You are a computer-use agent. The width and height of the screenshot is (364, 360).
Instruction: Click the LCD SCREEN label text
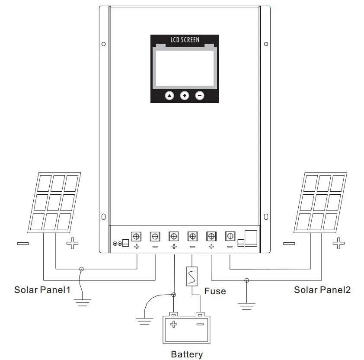185,40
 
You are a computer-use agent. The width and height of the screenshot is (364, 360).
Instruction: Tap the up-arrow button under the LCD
169,96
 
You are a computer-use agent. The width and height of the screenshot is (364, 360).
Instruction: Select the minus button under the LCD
200,96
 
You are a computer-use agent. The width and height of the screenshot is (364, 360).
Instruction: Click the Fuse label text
215,291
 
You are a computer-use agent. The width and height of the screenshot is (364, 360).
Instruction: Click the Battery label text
187,354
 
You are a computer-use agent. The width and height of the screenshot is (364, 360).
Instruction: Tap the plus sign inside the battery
174,324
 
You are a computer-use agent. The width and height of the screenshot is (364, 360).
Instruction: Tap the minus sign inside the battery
200,324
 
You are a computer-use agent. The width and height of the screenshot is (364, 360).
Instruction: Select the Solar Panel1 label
42,289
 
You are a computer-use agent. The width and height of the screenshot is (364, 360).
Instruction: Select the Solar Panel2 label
322,289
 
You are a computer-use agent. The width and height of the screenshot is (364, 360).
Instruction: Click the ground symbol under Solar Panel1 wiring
81,302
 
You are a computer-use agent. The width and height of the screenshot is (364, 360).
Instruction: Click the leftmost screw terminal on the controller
137,236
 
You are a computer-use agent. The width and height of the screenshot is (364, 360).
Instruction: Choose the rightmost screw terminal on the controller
230,236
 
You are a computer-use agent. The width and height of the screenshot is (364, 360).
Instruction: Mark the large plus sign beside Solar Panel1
73,243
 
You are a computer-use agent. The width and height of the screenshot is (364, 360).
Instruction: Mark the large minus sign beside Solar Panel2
289,243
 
